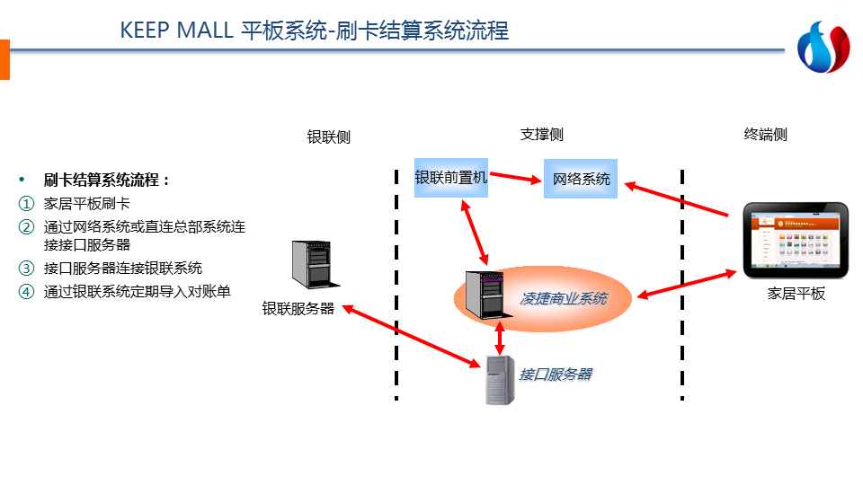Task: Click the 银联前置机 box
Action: [450, 178]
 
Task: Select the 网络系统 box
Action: [581, 179]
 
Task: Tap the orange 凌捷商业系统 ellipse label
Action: [563, 298]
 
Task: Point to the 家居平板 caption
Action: [796, 294]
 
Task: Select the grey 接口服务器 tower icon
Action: [500, 379]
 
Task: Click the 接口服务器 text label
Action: [556, 374]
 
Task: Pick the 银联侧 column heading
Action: [328, 137]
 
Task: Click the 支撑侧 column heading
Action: [542, 135]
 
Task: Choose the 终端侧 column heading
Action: [765, 135]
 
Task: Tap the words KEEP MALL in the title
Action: [176, 31]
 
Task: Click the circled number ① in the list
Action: [26, 204]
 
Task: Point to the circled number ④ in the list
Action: [26, 291]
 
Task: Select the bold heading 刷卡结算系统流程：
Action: [107, 180]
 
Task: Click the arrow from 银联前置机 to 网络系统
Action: [516, 178]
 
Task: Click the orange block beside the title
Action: [4, 59]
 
